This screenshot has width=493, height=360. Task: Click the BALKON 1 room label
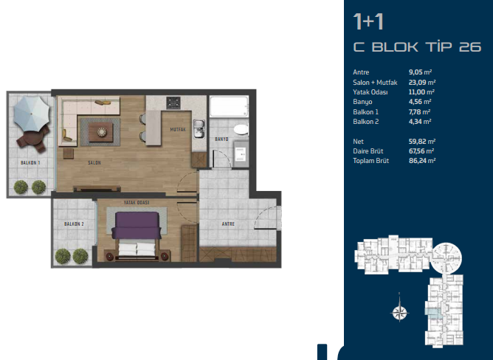30,163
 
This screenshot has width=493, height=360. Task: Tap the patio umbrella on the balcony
32,114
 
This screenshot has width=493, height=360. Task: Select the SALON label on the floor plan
94,163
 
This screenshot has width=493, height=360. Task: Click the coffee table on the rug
100,132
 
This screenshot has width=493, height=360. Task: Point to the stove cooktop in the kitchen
173,103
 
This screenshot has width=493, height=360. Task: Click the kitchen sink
199,128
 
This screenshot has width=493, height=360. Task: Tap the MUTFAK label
178,130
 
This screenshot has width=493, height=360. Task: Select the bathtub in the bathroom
229,106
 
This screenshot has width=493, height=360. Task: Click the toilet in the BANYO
241,129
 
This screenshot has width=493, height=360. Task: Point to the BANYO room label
221,139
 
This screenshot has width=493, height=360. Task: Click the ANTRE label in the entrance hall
228,224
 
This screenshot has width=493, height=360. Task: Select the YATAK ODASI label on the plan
137,203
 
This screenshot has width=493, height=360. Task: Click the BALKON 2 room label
74,224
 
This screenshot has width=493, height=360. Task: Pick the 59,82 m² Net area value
422,142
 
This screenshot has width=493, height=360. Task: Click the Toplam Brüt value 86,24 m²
422,161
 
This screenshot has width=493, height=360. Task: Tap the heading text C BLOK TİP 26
417,47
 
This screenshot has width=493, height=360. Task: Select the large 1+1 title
368,21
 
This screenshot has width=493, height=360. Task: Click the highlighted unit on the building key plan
433,311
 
